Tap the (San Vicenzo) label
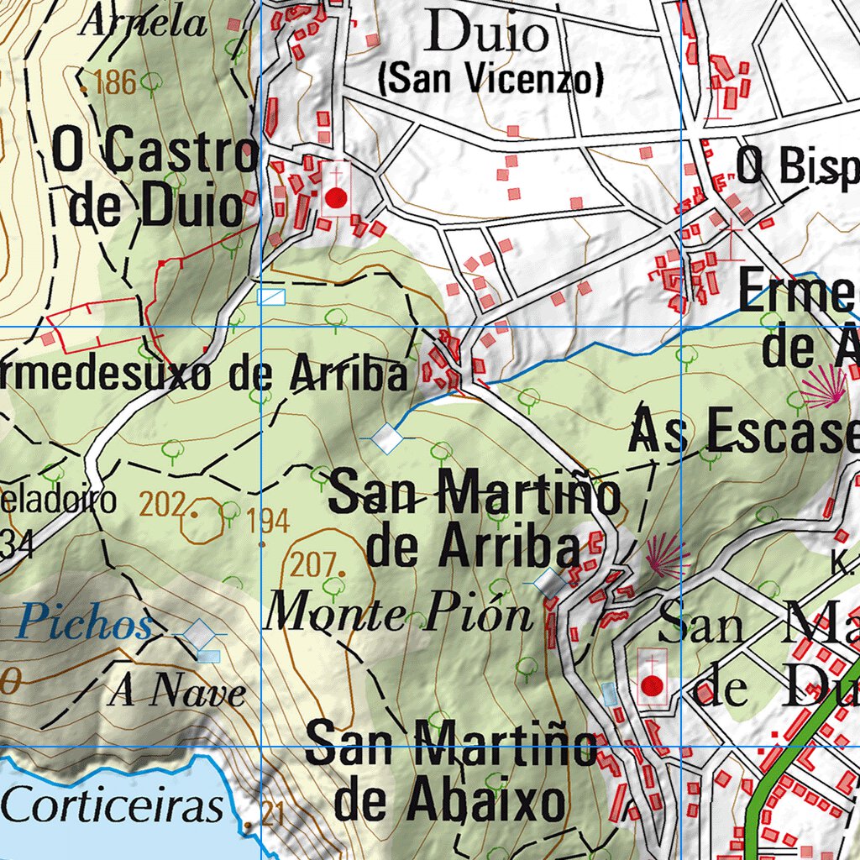(x=491, y=80)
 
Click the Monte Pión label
(x=400, y=615)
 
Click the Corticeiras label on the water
(x=113, y=807)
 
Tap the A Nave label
(x=179, y=693)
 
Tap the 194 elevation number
(x=268, y=522)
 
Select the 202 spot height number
(x=165, y=504)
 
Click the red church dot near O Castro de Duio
(x=336, y=198)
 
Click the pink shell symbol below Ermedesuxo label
(x=826, y=387)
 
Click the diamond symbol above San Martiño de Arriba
(x=387, y=438)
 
